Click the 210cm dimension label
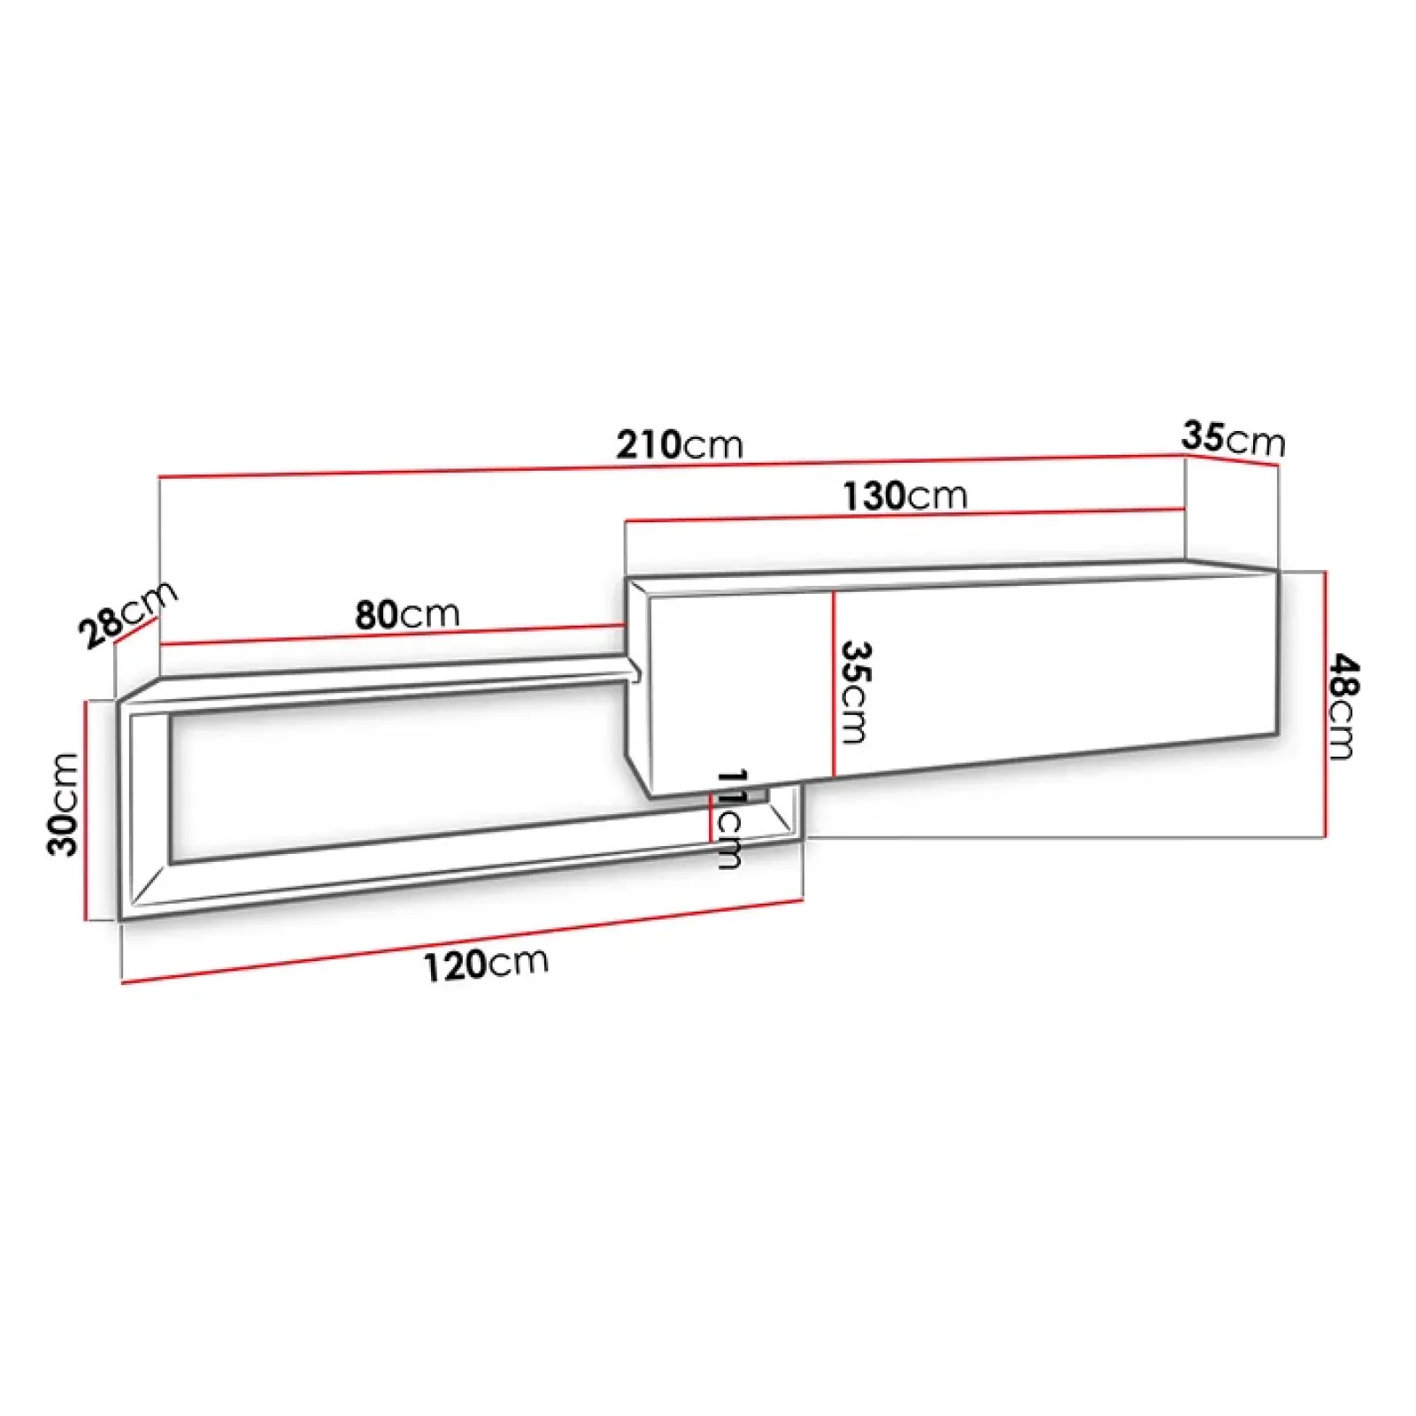pos(679,444)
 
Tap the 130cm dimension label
pos(904,496)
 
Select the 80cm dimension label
pos(407,614)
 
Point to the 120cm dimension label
pos(485,964)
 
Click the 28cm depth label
pos(127,615)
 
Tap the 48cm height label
pos(1343,705)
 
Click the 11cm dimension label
pos(731,819)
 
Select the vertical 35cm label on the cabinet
pos(854,691)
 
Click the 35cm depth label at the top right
pos(1232,438)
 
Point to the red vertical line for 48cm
pos(1325,704)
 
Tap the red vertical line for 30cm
pos(86,810)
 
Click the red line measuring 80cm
pos(394,635)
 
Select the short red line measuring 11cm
pos(711,819)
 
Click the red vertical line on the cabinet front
pos(834,681)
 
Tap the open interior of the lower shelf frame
pos(398,779)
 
